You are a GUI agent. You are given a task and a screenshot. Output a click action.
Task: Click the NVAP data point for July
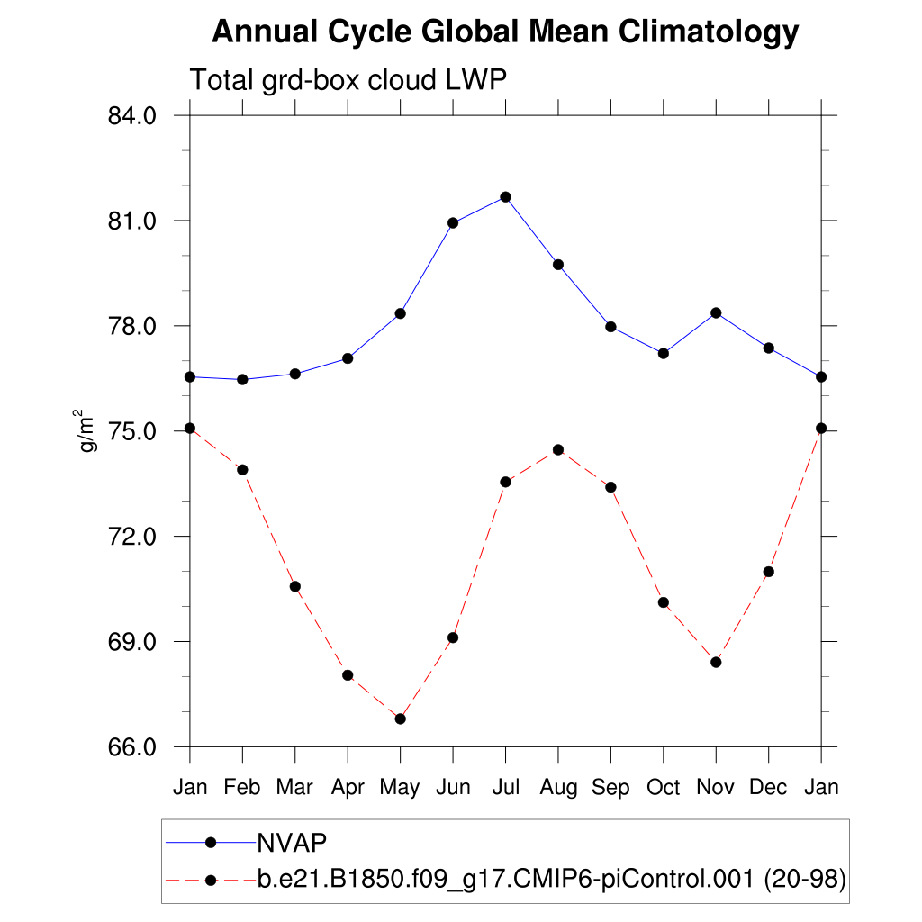click(x=506, y=196)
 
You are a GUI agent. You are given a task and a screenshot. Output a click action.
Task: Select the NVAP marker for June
click(x=453, y=222)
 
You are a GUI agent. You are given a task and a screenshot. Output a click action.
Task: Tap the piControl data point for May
click(x=401, y=719)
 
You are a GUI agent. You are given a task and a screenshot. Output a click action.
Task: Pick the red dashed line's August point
click(x=558, y=449)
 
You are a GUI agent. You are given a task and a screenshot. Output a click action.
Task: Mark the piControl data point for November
click(x=716, y=662)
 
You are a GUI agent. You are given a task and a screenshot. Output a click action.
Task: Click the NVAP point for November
click(x=716, y=312)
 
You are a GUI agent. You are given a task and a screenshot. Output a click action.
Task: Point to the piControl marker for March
click(x=294, y=586)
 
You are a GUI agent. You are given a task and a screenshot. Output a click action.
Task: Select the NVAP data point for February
click(x=242, y=379)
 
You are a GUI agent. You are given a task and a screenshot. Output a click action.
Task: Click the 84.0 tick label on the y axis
click(x=132, y=116)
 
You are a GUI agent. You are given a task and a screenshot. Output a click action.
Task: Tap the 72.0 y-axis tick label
click(x=132, y=537)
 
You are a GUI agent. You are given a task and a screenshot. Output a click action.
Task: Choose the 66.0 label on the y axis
click(x=132, y=747)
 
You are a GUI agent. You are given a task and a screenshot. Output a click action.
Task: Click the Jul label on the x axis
click(x=506, y=787)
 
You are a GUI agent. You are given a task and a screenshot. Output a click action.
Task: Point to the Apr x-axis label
click(x=348, y=787)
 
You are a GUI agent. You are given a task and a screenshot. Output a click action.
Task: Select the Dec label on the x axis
click(x=769, y=787)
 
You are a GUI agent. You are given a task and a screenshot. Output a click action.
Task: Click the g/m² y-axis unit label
click(x=88, y=430)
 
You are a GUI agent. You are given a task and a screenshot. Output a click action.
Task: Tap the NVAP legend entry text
click(x=292, y=842)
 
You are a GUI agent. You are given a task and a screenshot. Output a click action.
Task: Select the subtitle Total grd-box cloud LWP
click(x=348, y=80)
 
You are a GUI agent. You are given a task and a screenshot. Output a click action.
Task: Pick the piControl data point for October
click(x=664, y=602)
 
